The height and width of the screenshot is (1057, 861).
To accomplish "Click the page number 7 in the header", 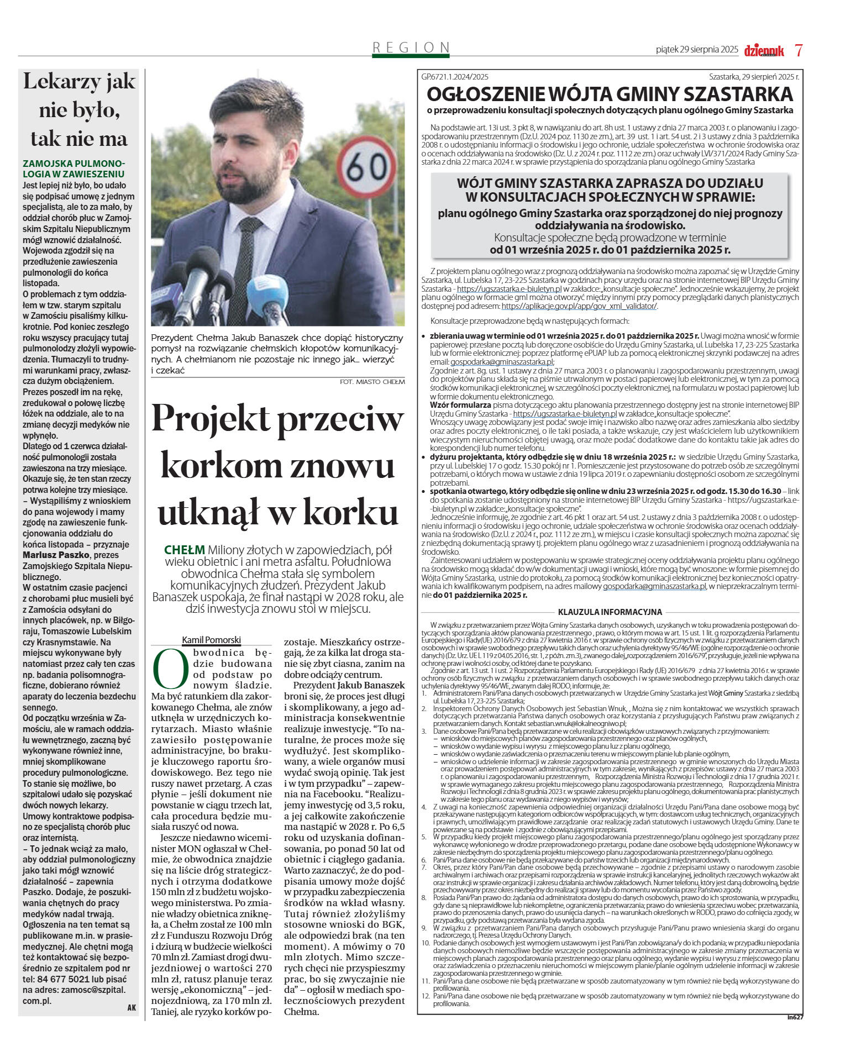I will click(x=799, y=50).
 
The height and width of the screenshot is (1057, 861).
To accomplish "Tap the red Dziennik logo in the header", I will click(x=764, y=51).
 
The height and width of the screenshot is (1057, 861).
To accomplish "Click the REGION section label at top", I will click(x=411, y=48).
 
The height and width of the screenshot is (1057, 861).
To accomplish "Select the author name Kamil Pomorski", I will click(x=212, y=640).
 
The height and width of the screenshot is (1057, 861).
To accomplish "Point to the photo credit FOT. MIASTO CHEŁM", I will click(x=372, y=382).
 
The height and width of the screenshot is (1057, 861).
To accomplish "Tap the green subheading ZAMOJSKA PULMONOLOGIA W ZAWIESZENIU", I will click(x=74, y=169).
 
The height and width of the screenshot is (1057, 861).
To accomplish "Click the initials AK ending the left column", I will click(x=132, y=1007).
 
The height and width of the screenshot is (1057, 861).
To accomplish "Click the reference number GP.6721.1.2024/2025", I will click(x=455, y=77).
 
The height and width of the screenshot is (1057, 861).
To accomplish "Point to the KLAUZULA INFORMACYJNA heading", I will click(x=610, y=612).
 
